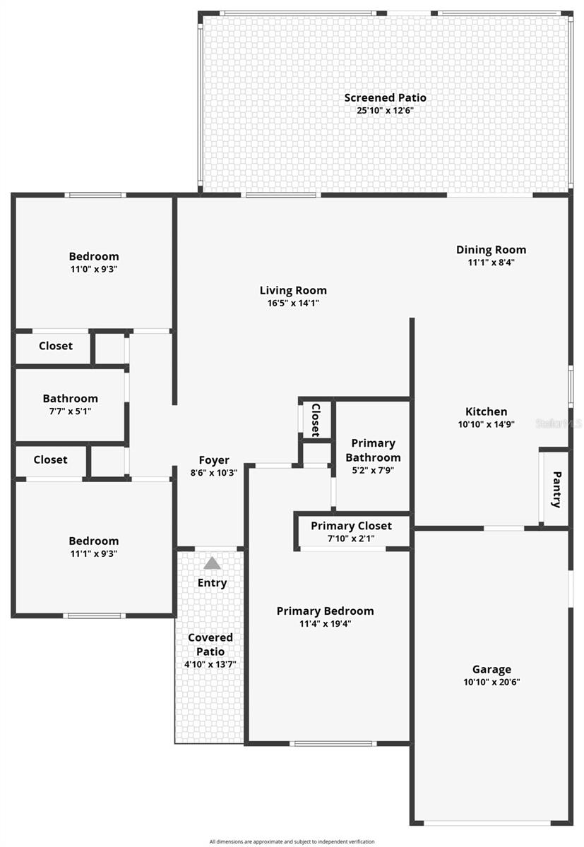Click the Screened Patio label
(x=385, y=97)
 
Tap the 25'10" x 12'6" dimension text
(x=385, y=111)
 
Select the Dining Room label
(x=491, y=249)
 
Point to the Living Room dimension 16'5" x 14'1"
(x=293, y=304)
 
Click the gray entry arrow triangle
(x=212, y=563)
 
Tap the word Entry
(x=212, y=583)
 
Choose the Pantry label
(x=556, y=489)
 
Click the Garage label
(x=491, y=669)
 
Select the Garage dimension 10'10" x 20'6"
(x=491, y=682)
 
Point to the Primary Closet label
(x=351, y=526)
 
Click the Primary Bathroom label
(x=373, y=450)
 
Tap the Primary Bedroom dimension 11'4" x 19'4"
(x=325, y=624)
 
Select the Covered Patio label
(x=210, y=644)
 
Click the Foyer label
(x=213, y=460)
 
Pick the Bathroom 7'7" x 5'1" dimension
(x=70, y=411)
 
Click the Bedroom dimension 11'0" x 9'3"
(x=93, y=269)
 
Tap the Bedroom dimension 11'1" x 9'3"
(x=93, y=554)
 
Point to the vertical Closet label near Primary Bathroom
(x=316, y=420)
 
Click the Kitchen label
(x=486, y=412)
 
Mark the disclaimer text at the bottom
(x=292, y=841)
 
